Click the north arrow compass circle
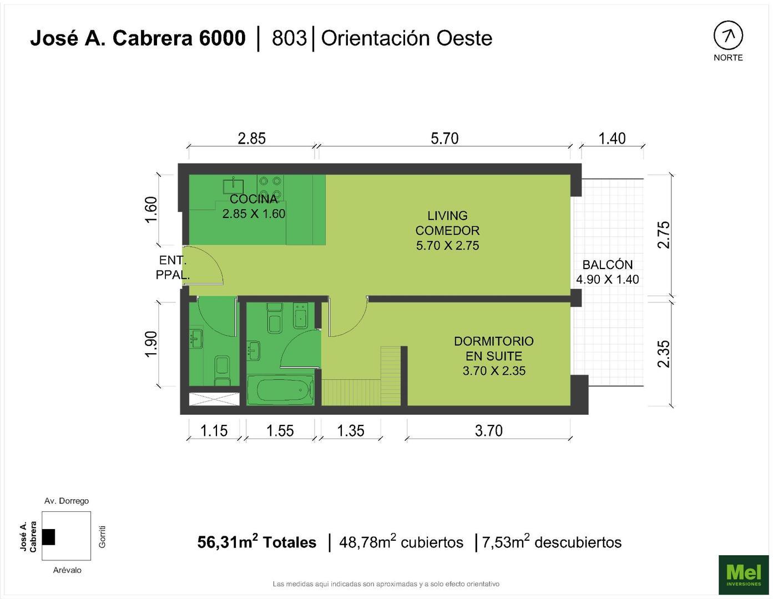727,36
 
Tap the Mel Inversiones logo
744,573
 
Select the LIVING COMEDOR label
448,230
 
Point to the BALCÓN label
608,272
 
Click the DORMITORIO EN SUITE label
494,356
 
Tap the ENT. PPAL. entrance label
173,267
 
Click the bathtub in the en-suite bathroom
280,390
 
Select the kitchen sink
234,185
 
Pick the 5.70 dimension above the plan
444,138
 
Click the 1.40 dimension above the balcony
612,138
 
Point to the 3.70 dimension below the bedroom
488,430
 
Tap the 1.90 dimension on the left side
151,344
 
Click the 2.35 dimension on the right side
664,354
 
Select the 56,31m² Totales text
257,542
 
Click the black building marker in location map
48,536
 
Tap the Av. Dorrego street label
67,501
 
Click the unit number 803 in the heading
289,38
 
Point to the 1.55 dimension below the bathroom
280,430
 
